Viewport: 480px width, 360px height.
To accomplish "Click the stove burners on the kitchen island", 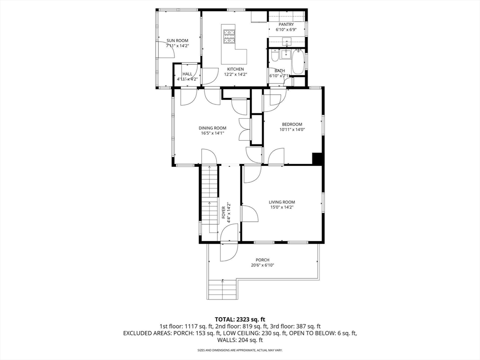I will coord(229,37).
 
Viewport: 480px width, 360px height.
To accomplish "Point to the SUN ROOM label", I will coord(177,41).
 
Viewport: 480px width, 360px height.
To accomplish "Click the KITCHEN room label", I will coord(235,69).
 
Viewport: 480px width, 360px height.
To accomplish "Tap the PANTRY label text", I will coord(286,24).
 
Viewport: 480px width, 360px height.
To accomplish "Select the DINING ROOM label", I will coord(212,128).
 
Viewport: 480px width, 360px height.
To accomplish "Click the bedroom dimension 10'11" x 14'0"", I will coord(292,129).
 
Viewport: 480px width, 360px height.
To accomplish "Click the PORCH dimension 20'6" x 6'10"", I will coord(262,265).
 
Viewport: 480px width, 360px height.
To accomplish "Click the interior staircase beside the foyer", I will coord(209,197).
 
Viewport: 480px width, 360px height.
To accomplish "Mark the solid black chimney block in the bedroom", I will coord(318,158).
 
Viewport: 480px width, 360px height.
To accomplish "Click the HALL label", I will coord(187,74).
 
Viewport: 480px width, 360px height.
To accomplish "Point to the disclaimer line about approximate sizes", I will coord(240,350).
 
